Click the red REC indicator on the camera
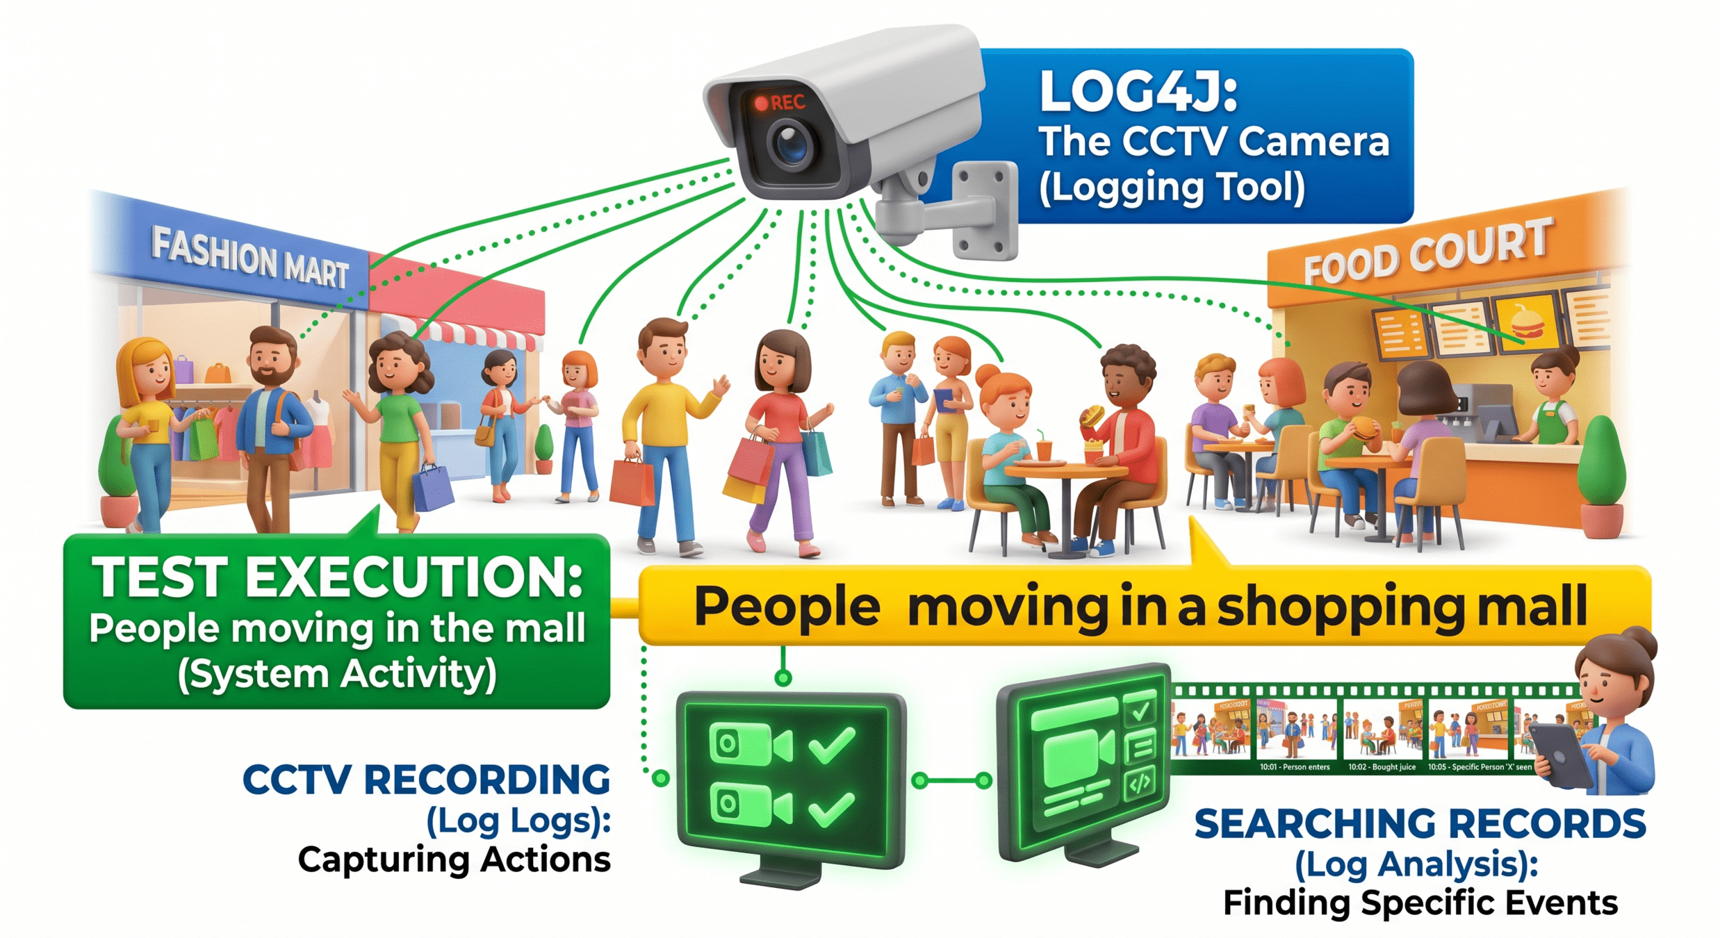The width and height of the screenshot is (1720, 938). click(780, 103)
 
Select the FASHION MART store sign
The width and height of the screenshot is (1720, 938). click(249, 258)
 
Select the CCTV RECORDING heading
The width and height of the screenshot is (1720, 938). click(425, 780)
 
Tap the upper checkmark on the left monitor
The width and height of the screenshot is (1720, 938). click(832, 744)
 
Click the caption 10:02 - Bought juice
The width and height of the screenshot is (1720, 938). click(1382, 767)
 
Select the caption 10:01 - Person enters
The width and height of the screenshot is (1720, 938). click(1294, 767)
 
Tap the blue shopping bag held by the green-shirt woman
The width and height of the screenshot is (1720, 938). click(432, 486)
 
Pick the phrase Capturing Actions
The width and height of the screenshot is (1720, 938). click(454, 859)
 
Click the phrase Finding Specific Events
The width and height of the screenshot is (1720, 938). click(1420, 903)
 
